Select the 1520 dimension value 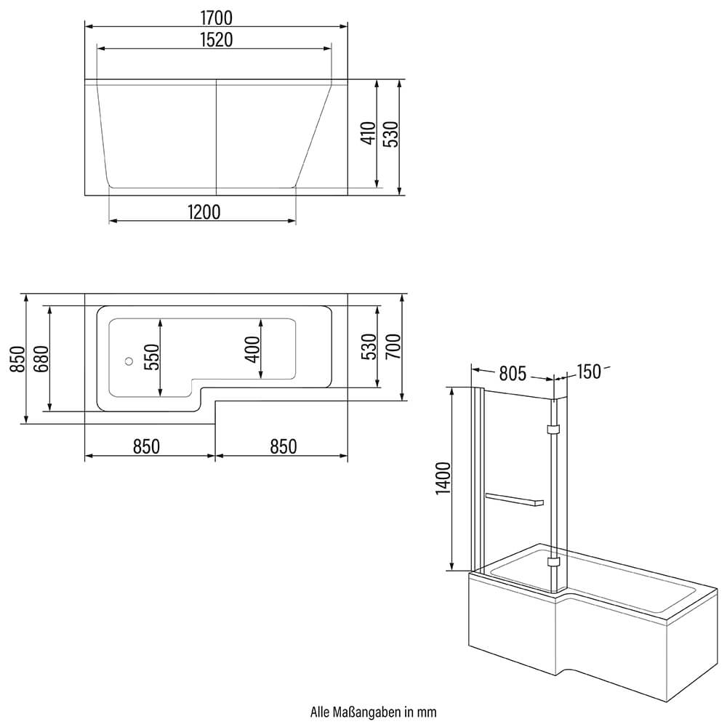coord(216,40)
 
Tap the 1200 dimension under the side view coord(203,212)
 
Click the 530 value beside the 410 coord(390,134)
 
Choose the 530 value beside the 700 coord(369,347)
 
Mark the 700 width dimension coord(393,347)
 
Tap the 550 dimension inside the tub coord(151,357)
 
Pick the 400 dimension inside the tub coord(252,349)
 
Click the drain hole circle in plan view coord(128,360)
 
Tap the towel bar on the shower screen coord(514,499)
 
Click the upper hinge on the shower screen coord(554,430)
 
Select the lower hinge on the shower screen coord(554,561)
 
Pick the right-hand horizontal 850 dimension coord(283,446)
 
